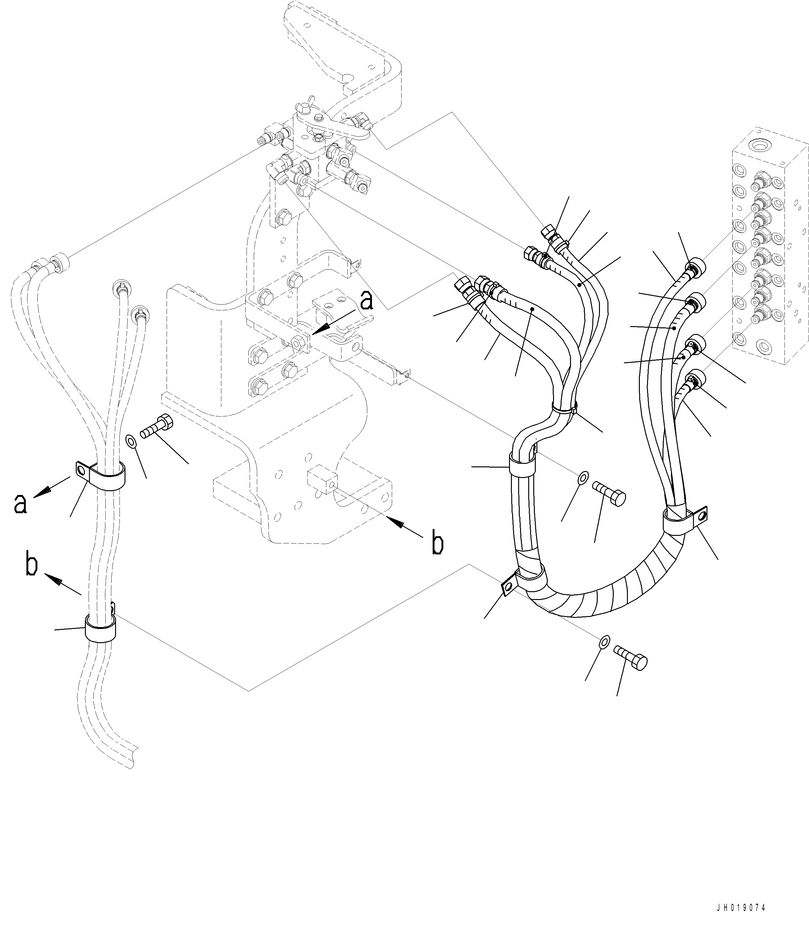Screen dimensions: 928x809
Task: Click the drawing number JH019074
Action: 741,908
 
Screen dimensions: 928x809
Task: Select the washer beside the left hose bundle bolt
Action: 131,441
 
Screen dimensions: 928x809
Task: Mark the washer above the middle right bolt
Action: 583,476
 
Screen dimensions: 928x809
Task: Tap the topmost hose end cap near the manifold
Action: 696,265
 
